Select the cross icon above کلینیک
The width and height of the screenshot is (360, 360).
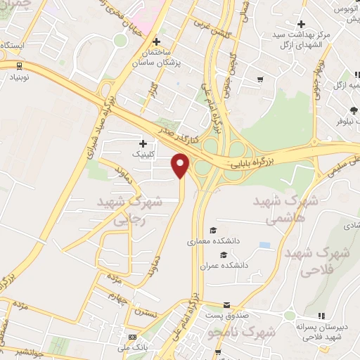tap(143, 143)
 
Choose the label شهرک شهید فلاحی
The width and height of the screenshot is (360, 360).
tap(320, 261)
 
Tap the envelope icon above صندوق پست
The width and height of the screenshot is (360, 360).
tap(226, 305)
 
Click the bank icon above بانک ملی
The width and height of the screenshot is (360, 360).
tap(131, 337)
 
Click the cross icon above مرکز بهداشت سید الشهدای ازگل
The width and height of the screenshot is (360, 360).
tap(301, 24)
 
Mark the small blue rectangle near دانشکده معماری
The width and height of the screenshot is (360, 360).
tap(264, 245)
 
